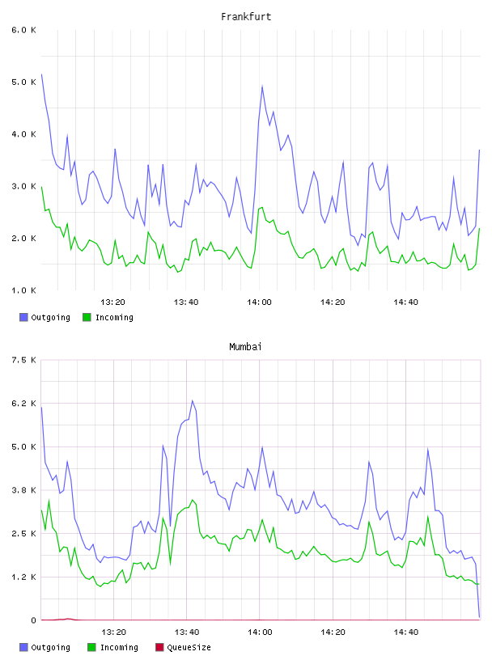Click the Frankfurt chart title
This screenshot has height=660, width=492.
click(246, 17)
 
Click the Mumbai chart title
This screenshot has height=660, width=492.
click(245, 347)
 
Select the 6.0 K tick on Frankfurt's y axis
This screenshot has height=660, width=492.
click(23, 30)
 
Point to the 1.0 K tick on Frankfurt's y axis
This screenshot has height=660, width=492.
click(23, 290)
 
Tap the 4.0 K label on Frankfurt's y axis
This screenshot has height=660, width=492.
click(23, 134)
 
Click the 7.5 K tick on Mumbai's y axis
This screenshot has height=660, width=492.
click(23, 360)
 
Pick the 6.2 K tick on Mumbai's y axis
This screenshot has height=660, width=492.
click(23, 404)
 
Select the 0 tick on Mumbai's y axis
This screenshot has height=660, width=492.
click(33, 620)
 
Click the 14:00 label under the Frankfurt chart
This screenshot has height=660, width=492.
click(259, 302)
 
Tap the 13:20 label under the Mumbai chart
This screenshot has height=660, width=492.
click(113, 632)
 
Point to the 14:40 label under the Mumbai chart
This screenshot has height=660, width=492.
click(405, 632)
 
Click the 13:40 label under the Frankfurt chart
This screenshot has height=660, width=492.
click(186, 302)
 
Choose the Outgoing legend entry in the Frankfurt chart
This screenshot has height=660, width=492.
click(45, 317)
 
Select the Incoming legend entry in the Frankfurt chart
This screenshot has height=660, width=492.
click(108, 317)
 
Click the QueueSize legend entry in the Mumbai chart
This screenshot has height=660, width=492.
click(183, 647)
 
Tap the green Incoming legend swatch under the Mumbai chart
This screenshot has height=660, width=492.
click(91, 647)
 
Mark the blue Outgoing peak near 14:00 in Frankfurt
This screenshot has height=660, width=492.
click(262, 87)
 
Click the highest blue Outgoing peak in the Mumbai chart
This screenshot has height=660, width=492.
click(193, 400)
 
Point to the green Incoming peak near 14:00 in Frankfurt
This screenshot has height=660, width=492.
click(261, 207)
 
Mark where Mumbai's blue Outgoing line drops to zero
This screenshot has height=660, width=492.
click(479, 617)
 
